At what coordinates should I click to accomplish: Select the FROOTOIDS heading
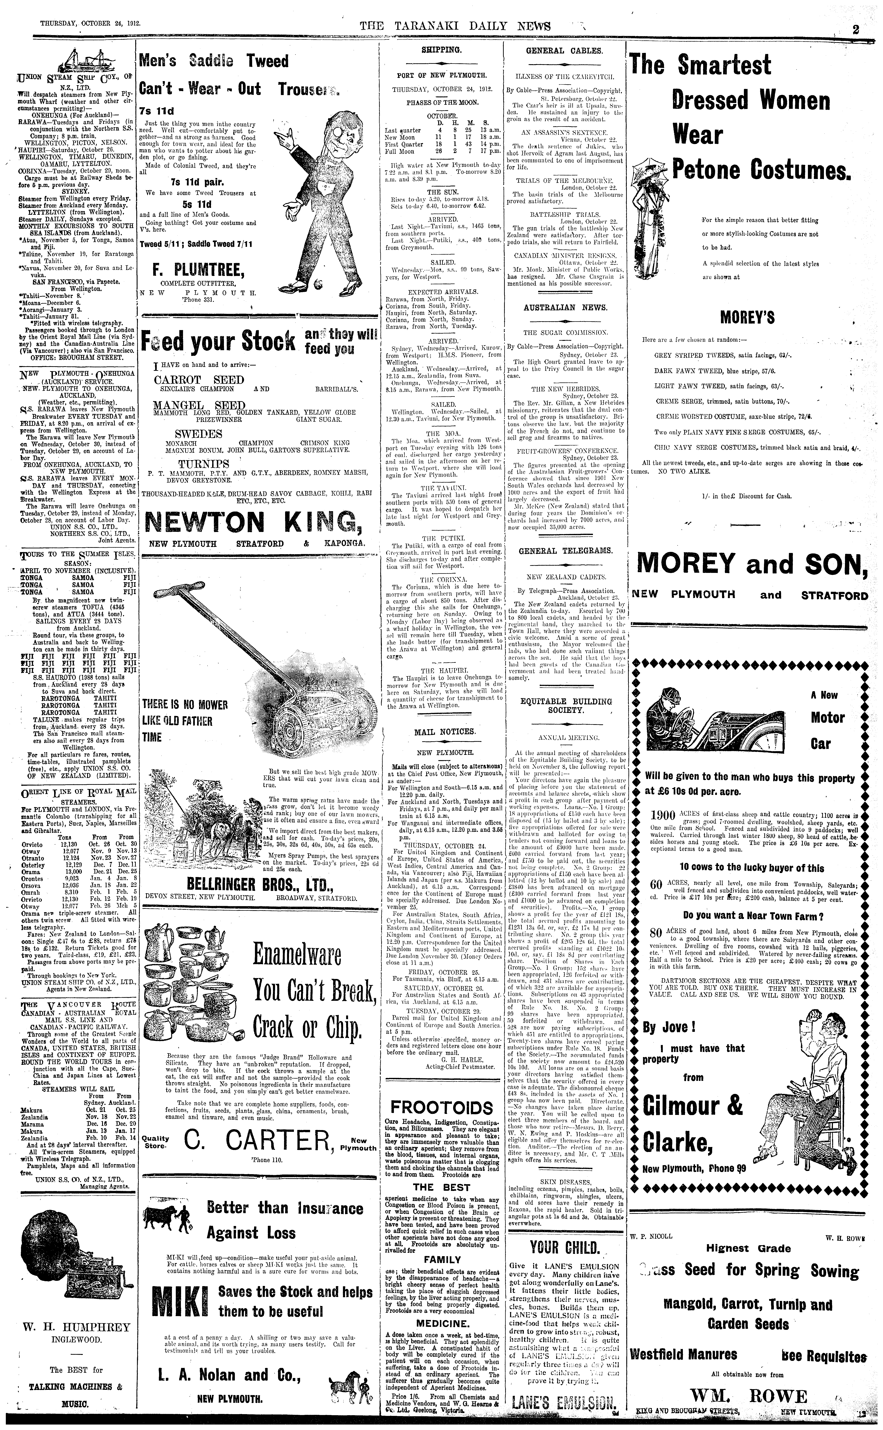click(442, 1108)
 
